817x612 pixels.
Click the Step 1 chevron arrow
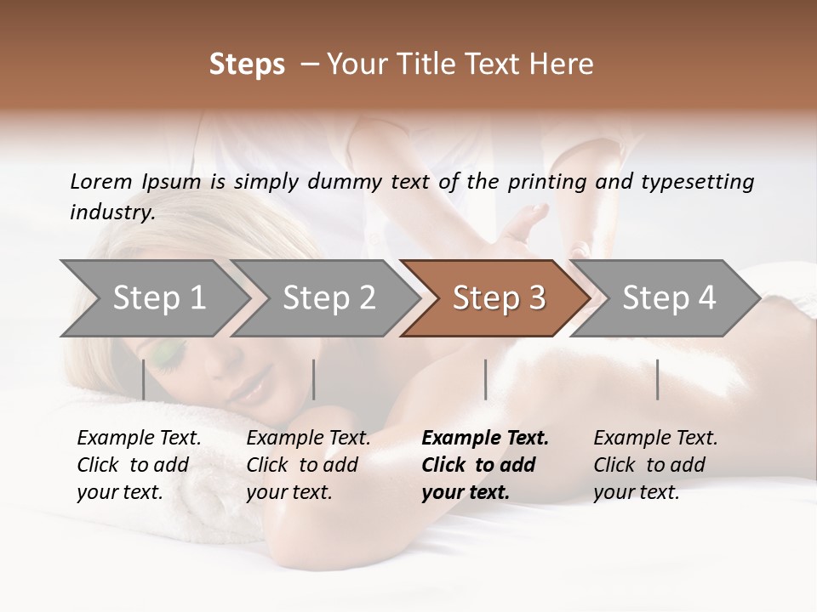coord(158,298)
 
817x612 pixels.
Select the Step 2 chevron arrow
coord(329,298)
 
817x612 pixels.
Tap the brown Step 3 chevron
coord(499,298)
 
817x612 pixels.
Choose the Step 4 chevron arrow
coord(669,298)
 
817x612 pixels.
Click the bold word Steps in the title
coord(247,65)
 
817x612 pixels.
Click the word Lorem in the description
coord(101,181)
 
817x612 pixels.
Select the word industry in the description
coord(111,212)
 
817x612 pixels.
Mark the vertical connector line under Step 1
coord(144,379)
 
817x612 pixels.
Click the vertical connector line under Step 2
coord(314,379)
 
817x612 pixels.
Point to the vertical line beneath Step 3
coord(486,379)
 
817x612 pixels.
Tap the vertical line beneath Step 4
coord(658,379)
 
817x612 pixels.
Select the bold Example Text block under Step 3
coord(485,465)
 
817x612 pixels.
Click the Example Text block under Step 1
coord(139,465)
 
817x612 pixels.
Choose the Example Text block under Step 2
coord(308,465)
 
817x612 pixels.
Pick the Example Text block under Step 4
coord(655,465)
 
